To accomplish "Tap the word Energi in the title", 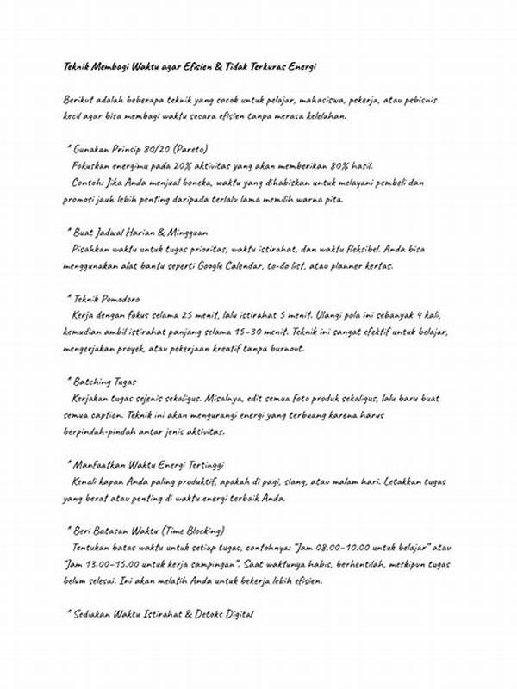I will (x=301, y=66).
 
